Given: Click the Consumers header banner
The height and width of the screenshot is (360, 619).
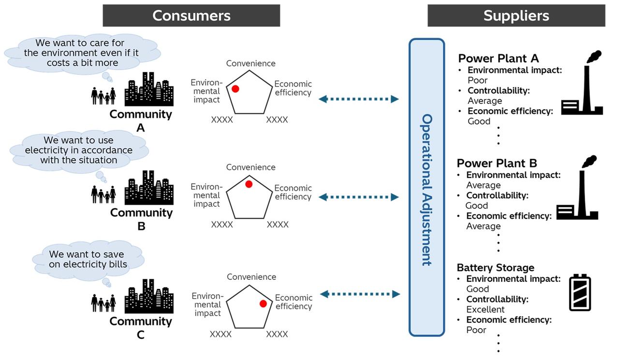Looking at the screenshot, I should (x=191, y=15).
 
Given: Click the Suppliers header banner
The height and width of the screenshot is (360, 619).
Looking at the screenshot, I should (x=516, y=15).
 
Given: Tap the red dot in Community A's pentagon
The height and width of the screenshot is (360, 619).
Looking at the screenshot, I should (x=236, y=89).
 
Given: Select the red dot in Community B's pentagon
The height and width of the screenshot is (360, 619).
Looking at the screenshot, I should (x=249, y=184).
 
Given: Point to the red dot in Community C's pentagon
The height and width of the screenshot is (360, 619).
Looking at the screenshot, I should (x=263, y=303).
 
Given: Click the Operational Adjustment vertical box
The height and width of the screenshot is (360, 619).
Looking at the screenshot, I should (x=427, y=187).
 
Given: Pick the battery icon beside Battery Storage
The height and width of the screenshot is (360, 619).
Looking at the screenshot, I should (x=580, y=293).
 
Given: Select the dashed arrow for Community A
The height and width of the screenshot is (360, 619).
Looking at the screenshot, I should (x=359, y=99).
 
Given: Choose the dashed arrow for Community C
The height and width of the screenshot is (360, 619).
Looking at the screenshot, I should (x=360, y=294).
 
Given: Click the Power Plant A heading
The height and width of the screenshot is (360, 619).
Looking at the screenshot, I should (x=498, y=58).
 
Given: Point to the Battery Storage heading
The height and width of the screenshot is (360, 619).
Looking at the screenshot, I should (x=495, y=268).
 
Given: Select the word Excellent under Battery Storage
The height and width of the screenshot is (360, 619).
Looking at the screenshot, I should (x=485, y=309).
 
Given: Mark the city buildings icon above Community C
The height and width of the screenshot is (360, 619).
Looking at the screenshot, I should (x=149, y=295).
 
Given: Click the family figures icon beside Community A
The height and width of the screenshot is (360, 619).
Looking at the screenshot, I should (x=103, y=96).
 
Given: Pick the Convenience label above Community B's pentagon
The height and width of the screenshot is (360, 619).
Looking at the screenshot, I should (x=251, y=167).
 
